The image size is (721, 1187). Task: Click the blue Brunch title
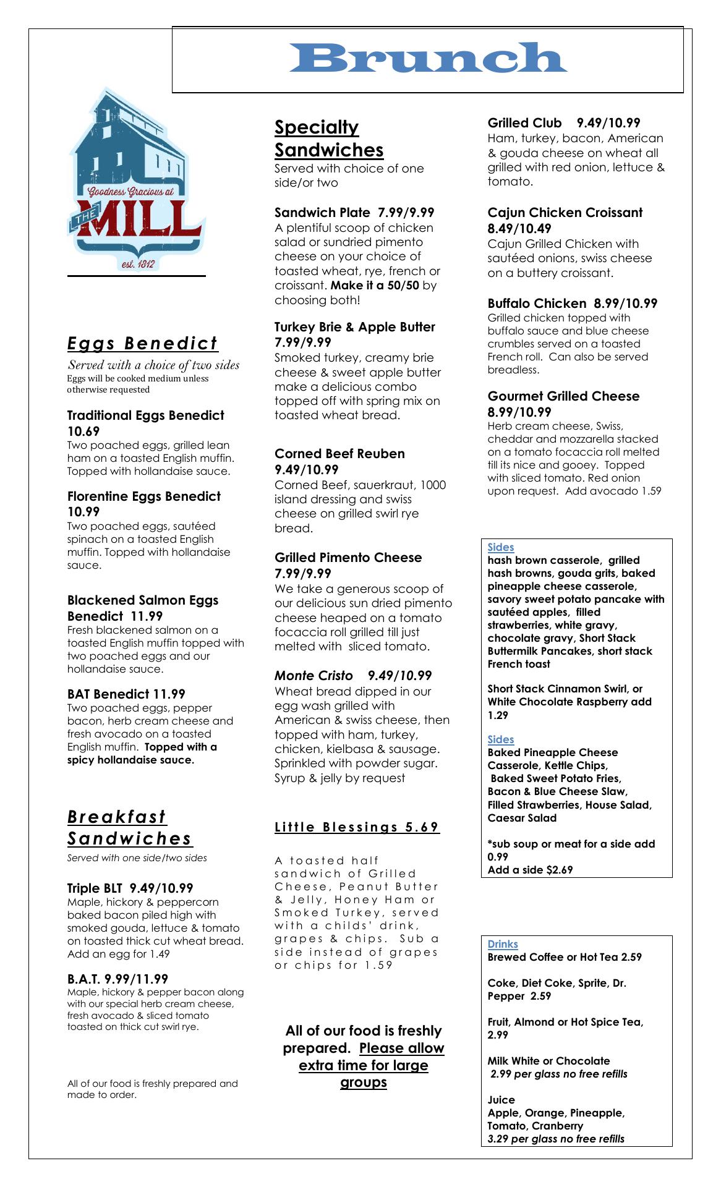point(428,58)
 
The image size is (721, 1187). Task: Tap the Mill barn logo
point(136,179)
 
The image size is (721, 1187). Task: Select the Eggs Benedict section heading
point(143,343)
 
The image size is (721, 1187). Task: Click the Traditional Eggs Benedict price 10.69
point(83,432)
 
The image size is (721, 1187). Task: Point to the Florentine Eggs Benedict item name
point(143,496)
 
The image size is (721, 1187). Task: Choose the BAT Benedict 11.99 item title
point(126,694)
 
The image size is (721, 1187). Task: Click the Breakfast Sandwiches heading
point(130,828)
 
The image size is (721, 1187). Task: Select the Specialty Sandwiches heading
point(329,138)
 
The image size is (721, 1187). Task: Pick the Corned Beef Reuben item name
point(339,454)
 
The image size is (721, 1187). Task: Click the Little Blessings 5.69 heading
point(357,827)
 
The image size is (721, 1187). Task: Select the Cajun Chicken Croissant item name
point(565,213)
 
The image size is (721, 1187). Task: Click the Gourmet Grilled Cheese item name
point(563,396)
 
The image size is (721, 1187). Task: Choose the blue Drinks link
point(503,944)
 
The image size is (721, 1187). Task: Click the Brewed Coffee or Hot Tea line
point(565,957)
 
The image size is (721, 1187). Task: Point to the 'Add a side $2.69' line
point(530,870)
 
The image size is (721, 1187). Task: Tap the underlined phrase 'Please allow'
point(401,1048)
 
